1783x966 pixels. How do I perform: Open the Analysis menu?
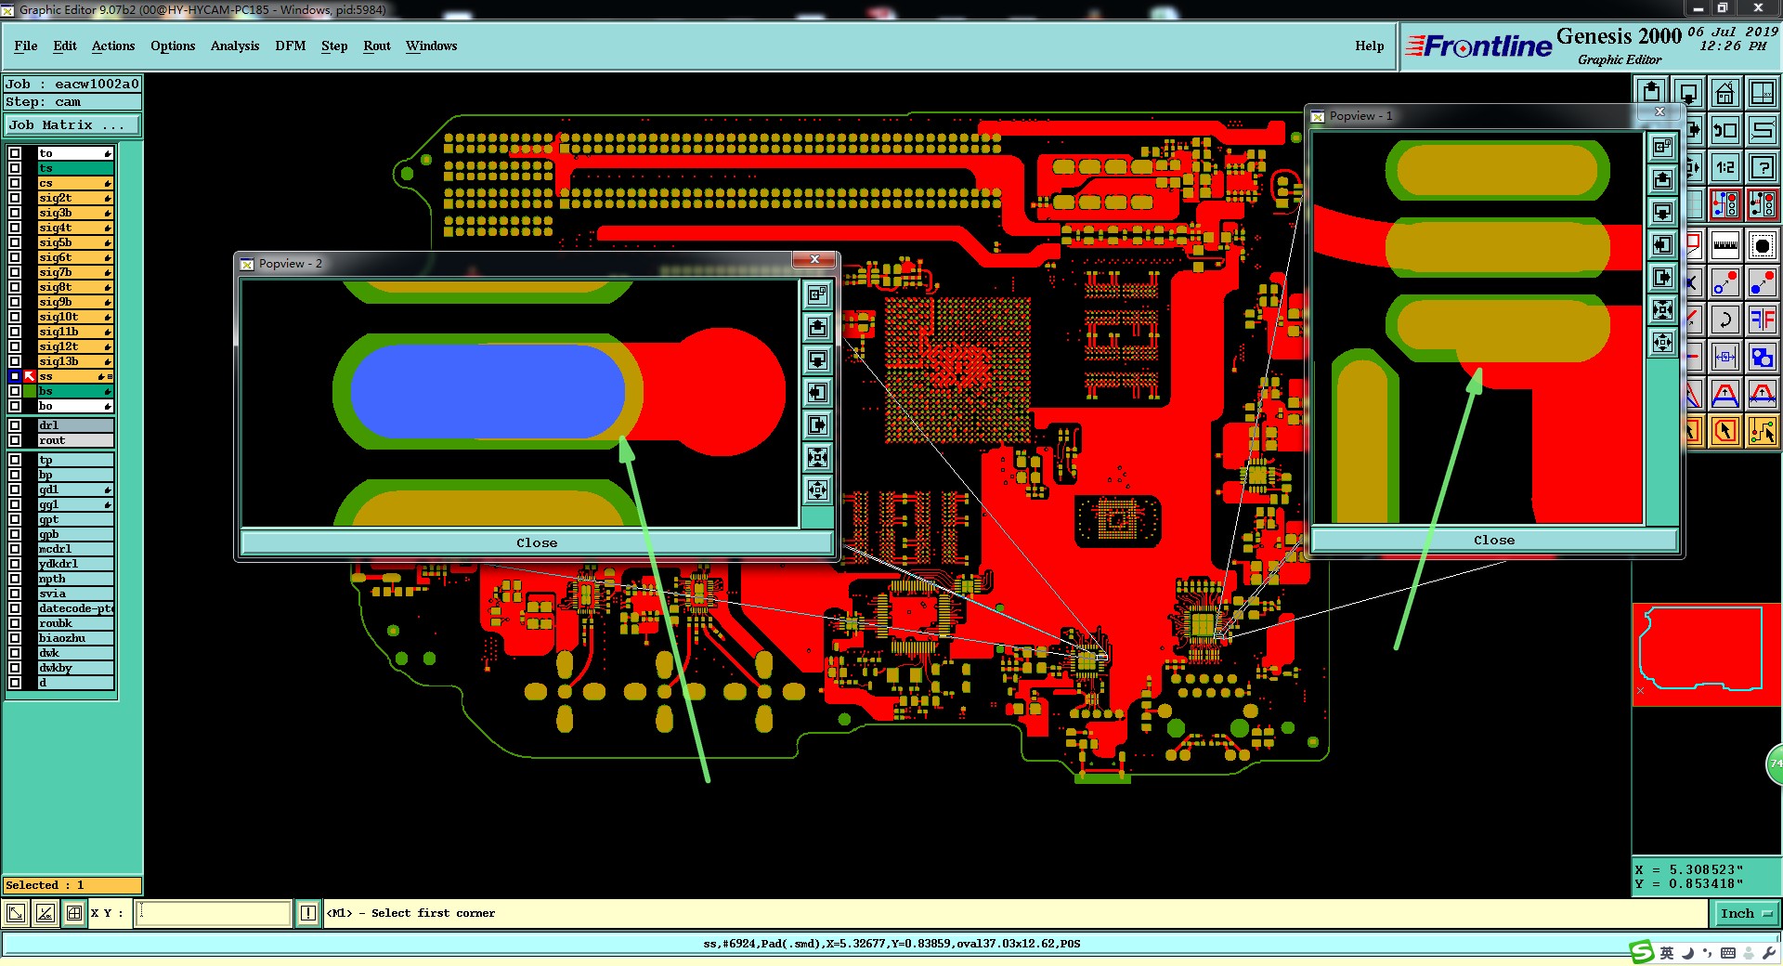point(235,46)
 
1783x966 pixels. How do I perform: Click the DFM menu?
point(290,46)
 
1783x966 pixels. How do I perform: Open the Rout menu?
point(377,46)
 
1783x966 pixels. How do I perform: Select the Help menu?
point(1369,46)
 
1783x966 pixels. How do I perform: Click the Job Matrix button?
point(72,124)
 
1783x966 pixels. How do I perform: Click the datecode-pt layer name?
point(75,608)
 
